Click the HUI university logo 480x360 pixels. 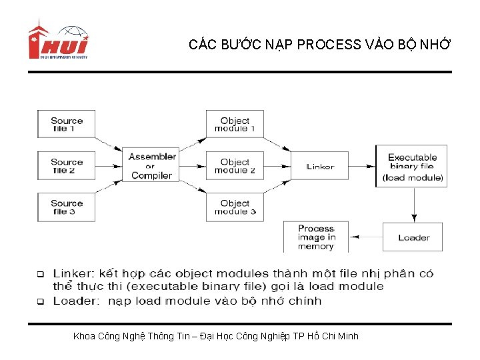tap(58, 42)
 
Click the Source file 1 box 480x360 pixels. tap(67, 125)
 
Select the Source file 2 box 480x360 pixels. tap(67, 166)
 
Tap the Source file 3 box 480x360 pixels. tap(67, 207)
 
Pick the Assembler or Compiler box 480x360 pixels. tap(151, 166)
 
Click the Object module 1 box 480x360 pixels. tap(235, 125)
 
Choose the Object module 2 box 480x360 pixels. tap(235, 166)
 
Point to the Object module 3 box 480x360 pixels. tap(235, 207)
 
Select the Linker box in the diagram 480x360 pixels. tap(320, 167)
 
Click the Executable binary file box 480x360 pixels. tap(412, 167)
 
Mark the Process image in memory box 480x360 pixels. tap(315, 237)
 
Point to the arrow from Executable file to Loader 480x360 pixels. tap(414, 204)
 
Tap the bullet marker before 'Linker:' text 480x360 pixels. tap(40, 274)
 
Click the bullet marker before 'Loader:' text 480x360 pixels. tap(40, 301)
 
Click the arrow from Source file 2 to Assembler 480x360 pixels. tap(109, 166)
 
